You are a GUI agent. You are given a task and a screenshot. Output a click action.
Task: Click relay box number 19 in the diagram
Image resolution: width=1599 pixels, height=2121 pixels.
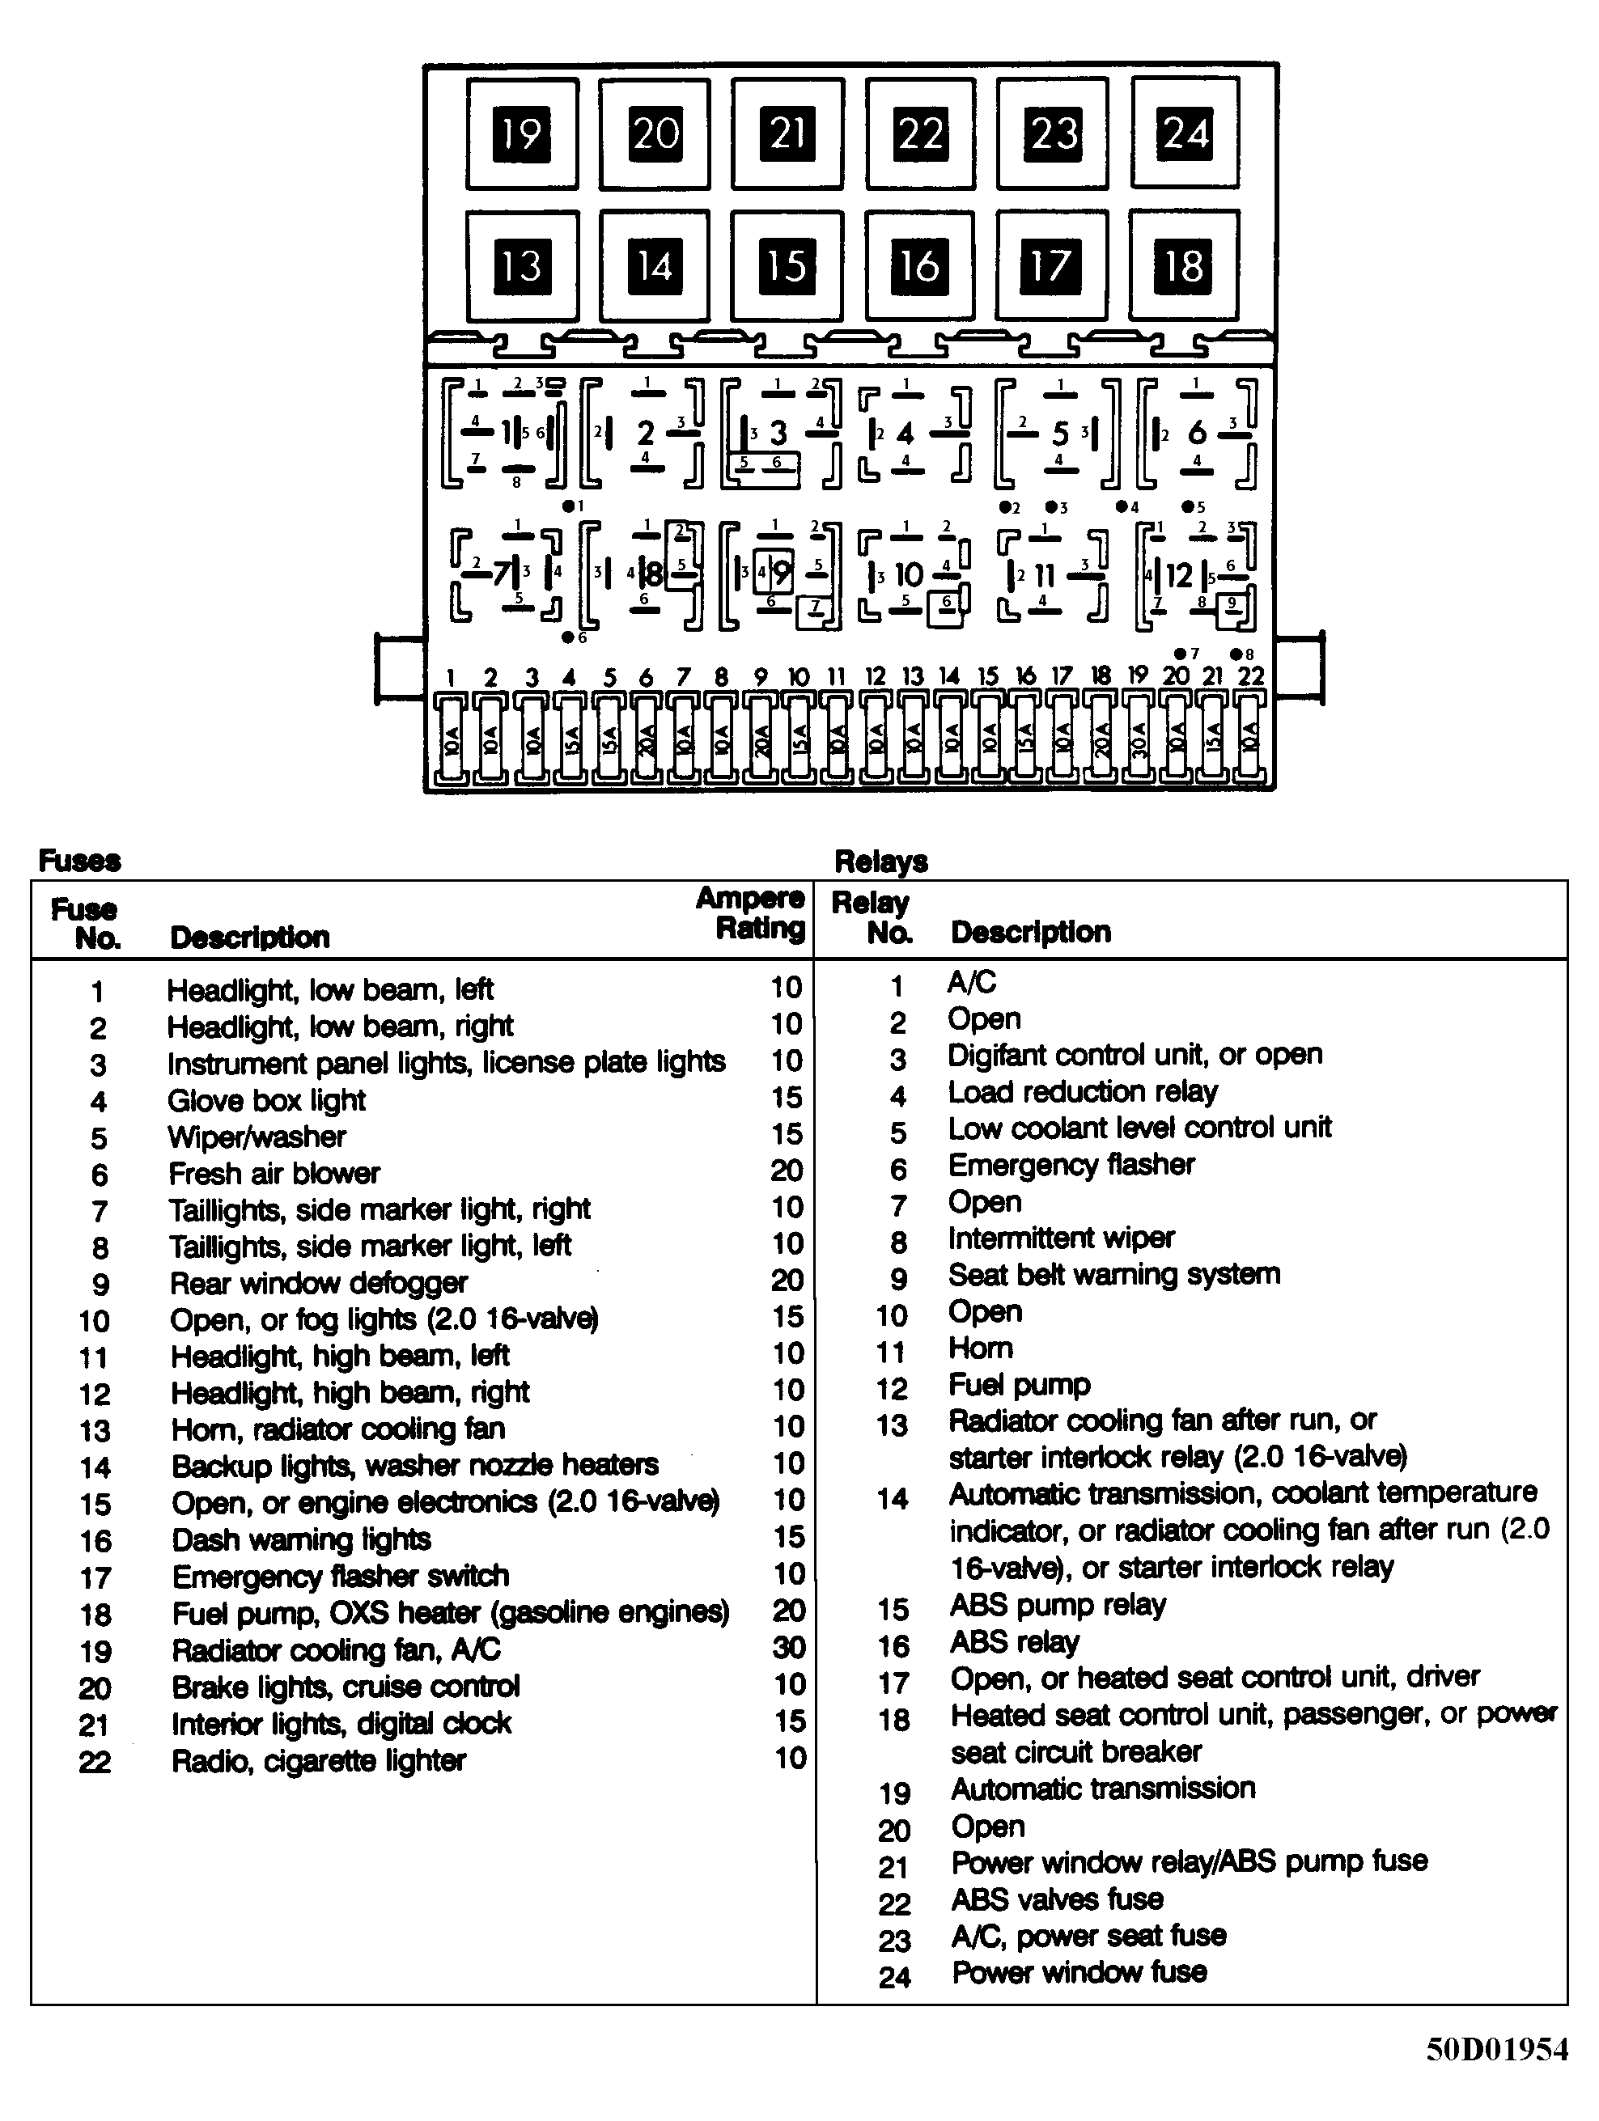click(522, 133)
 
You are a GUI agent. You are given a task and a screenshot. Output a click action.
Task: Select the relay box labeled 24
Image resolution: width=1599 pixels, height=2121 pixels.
click(1185, 133)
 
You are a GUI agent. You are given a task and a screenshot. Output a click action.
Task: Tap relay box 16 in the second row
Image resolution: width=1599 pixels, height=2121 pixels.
click(920, 265)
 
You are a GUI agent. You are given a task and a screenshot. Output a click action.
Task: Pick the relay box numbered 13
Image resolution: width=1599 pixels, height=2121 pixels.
click(522, 265)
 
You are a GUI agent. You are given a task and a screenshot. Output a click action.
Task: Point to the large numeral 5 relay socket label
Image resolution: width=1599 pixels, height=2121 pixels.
click(1060, 434)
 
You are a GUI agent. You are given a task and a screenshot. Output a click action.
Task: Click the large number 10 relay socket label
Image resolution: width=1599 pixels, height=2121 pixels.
click(907, 575)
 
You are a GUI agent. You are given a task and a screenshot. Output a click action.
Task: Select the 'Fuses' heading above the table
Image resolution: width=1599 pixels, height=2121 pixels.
click(79, 861)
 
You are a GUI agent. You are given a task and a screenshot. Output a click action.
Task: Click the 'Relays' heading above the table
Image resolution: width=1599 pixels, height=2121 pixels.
click(880, 861)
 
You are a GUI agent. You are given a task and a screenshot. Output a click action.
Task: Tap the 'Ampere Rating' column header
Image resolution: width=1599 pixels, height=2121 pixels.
click(751, 912)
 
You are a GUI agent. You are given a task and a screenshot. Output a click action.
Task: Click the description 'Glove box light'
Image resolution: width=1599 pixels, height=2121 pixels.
click(267, 1100)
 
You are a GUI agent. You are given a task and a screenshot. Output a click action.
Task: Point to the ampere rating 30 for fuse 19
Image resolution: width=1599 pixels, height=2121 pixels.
click(788, 1647)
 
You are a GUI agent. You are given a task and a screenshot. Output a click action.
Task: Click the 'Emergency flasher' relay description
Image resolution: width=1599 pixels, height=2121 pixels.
click(1071, 1165)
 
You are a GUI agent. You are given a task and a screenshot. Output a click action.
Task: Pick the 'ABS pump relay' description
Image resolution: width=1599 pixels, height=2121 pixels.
click(1058, 1605)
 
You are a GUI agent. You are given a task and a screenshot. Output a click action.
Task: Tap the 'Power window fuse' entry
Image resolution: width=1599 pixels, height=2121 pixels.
click(1079, 1972)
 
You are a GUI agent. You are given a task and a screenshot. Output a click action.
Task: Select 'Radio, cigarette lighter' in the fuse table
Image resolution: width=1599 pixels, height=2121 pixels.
click(319, 1760)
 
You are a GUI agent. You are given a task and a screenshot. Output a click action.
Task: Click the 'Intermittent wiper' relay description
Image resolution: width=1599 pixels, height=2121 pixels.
click(1061, 1238)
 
